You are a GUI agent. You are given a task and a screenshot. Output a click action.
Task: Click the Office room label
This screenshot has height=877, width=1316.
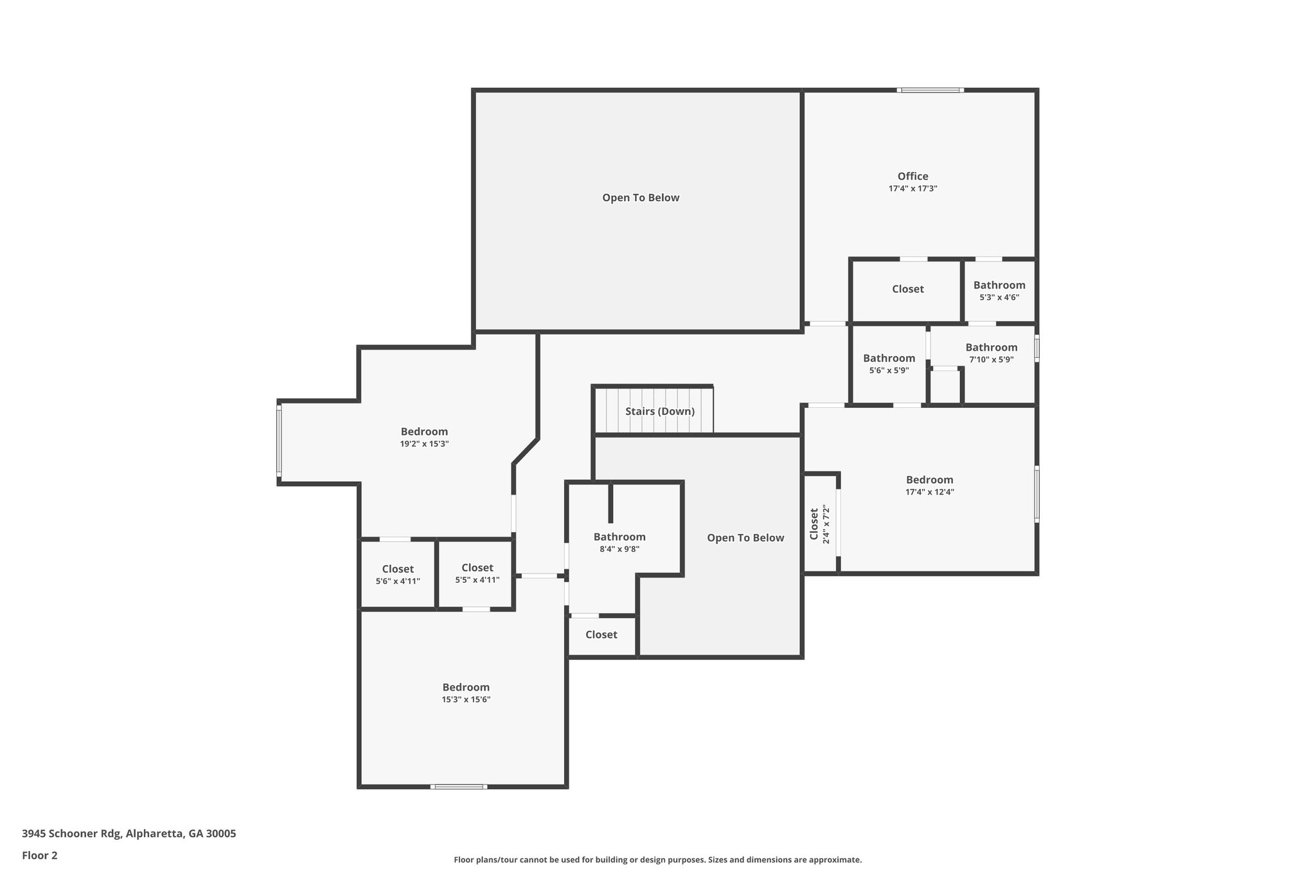click(x=912, y=176)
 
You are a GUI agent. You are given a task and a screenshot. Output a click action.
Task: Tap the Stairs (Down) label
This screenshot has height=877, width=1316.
click(x=660, y=411)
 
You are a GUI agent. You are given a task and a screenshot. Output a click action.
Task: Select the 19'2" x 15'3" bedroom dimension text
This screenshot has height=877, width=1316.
click(x=424, y=444)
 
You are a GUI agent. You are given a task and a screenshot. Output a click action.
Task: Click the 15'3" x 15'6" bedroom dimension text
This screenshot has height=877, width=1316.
click(x=466, y=700)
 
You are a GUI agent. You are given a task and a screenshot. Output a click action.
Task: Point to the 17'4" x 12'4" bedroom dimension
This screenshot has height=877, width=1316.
click(x=929, y=492)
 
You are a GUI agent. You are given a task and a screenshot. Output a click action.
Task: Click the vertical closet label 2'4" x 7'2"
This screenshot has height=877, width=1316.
click(x=819, y=524)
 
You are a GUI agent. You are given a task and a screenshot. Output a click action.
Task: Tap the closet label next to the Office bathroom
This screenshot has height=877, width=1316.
click(x=907, y=289)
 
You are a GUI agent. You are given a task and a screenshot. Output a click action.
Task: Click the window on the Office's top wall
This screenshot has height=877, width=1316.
click(x=930, y=91)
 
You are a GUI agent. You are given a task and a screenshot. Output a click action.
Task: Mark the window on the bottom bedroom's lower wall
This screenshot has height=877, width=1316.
click(x=458, y=786)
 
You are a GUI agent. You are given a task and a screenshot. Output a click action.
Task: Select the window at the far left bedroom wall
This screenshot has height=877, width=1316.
click(x=279, y=441)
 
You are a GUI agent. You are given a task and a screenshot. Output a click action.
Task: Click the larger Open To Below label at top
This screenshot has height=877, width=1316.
click(x=640, y=198)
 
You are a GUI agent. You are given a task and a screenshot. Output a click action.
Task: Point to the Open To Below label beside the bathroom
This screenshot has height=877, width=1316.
click(x=745, y=538)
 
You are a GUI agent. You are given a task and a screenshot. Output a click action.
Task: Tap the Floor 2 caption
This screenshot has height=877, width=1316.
click(x=40, y=855)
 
